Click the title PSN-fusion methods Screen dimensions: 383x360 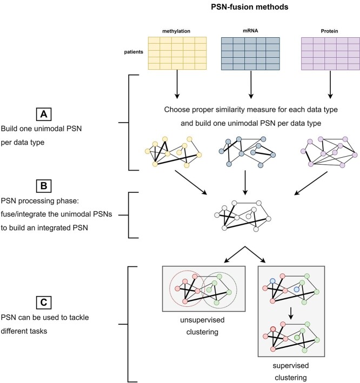click(x=244, y=8)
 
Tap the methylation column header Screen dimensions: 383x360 click(x=177, y=31)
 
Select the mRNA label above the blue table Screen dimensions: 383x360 click(x=250, y=31)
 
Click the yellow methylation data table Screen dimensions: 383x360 click(x=177, y=53)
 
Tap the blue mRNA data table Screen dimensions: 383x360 click(x=250, y=53)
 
